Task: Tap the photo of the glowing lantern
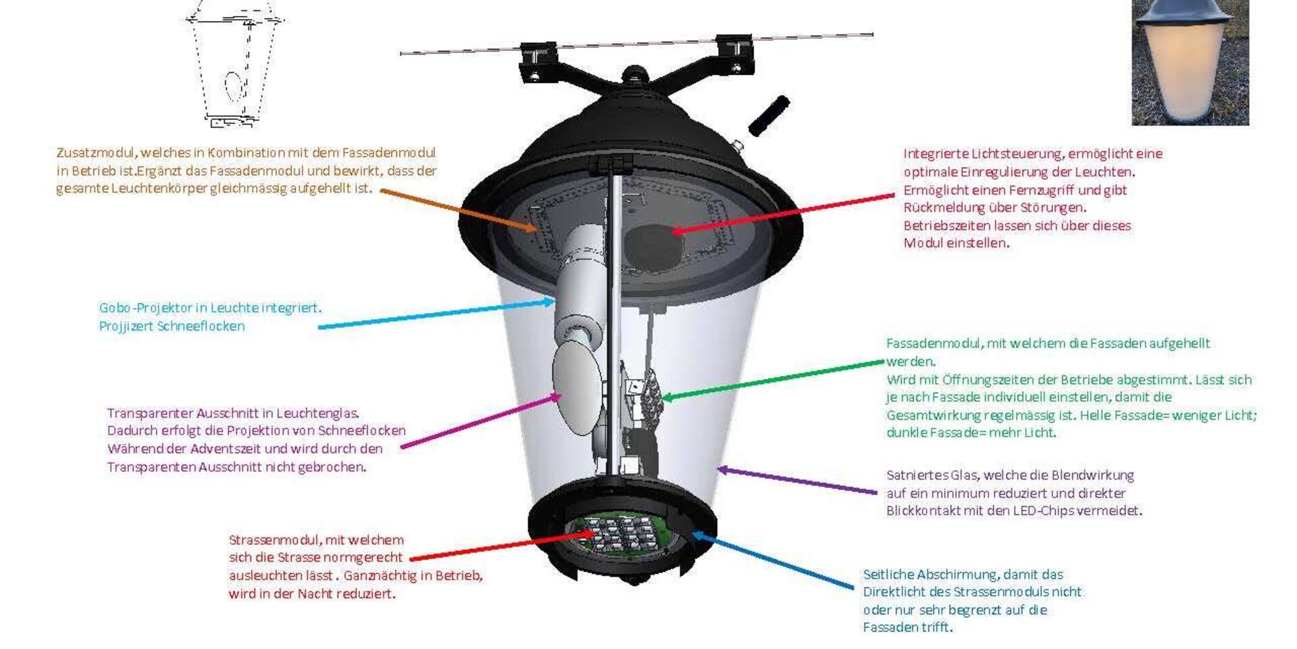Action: pyautogui.click(x=1190, y=62)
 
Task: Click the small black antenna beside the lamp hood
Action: pyautogui.click(x=769, y=116)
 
